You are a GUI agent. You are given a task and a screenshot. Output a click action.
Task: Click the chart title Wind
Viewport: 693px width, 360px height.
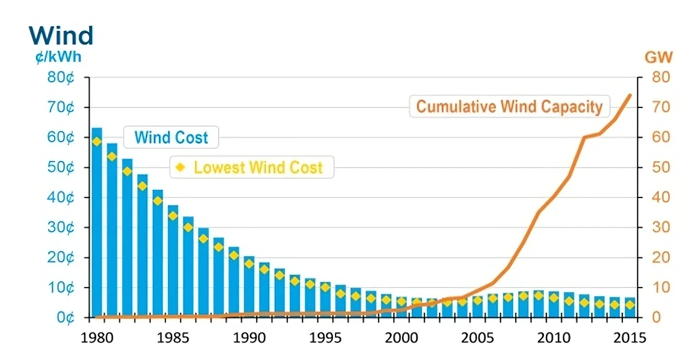[61, 36]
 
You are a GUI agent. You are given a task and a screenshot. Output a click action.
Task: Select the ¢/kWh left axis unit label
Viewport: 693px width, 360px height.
[58, 57]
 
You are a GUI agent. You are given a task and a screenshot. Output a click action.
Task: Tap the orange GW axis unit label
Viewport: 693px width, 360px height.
[658, 57]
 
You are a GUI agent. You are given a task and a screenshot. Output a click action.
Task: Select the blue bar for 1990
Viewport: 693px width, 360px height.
[249, 287]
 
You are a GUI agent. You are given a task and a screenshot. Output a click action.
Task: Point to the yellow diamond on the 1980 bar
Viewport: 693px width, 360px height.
[97, 141]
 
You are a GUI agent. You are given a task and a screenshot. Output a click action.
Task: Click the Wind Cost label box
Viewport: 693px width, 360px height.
[171, 137]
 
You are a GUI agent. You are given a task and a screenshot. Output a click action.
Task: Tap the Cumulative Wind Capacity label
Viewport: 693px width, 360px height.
[509, 107]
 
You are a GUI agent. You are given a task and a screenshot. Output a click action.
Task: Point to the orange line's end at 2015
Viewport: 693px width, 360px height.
[630, 95]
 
